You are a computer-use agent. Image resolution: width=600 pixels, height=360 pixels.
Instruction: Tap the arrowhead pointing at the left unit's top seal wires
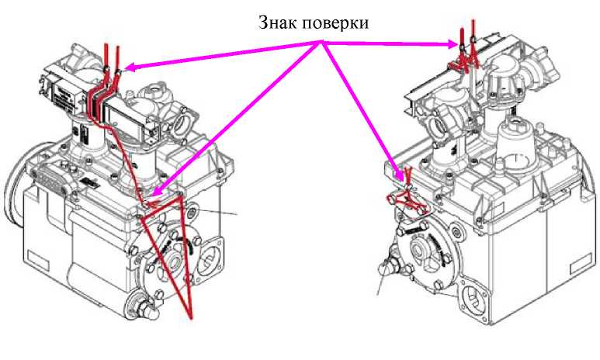pos(128,67)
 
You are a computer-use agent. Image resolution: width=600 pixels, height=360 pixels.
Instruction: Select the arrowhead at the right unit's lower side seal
pos(397,174)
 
